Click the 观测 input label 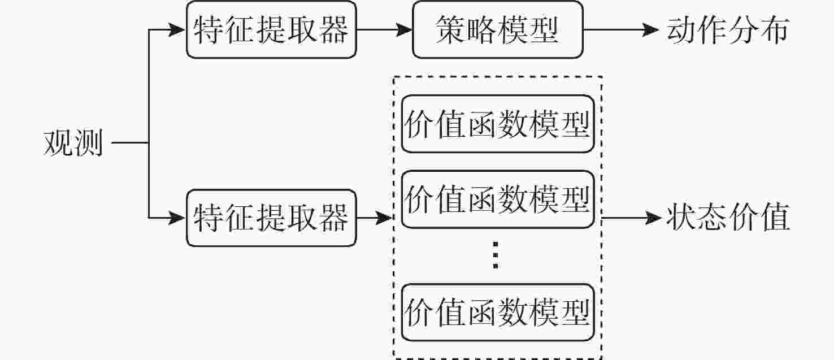pos(73,143)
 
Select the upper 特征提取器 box pos(271,30)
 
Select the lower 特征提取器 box pos(271,218)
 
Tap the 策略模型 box pos(498,30)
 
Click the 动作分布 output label pos(728,30)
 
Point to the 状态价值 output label pos(728,218)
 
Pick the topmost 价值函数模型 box pos(498,124)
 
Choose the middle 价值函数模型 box pos(498,199)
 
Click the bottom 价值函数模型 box pos(498,313)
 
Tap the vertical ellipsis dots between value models pos(496,255)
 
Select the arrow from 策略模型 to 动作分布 pos(621,30)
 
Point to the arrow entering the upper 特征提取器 pos(167,30)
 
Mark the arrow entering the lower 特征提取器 pos(167,218)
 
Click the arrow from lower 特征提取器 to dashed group pos(375,218)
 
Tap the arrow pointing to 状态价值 pos(632,218)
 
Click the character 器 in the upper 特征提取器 pos(334,30)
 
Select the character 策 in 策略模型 pos(451,30)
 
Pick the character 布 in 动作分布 pos(775,30)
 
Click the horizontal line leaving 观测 pos(131,142)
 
